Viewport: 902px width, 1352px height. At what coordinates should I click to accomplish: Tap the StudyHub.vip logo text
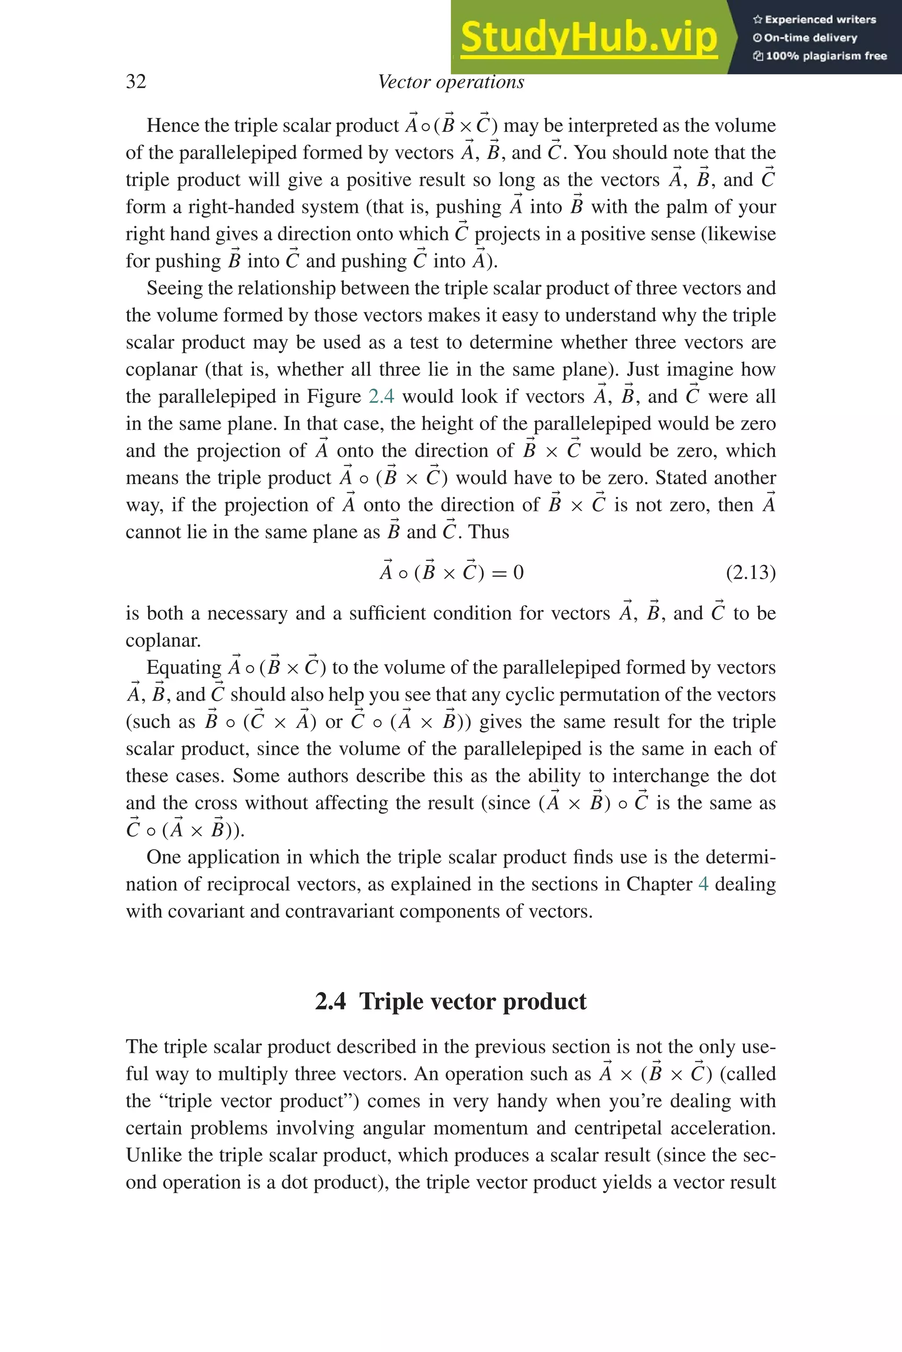click(x=588, y=37)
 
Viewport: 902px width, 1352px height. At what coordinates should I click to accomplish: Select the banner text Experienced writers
click(x=820, y=19)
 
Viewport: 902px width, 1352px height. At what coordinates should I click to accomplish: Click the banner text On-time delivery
click(x=810, y=38)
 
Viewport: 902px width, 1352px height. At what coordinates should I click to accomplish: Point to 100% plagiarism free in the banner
click(x=825, y=56)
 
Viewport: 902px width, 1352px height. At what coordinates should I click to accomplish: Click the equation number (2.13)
click(x=750, y=573)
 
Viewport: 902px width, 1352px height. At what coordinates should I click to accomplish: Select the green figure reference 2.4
click(x=381, y=397)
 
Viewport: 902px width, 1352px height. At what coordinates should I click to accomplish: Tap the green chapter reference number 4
click(x=703, y=884)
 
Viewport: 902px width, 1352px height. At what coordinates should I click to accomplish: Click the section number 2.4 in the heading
click(x=330, y=1001)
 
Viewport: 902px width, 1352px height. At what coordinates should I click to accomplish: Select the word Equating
click(x=184, y=667)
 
